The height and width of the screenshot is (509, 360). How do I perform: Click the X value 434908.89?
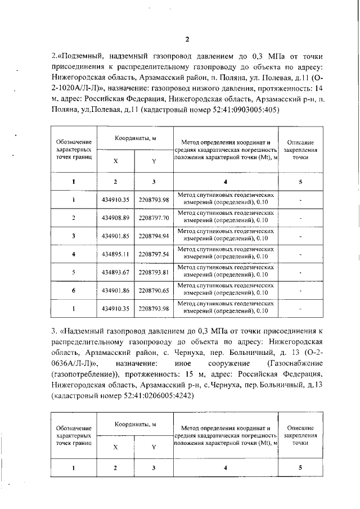click(x=116, y=218)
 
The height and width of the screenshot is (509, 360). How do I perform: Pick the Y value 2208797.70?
click(x=154, y=218)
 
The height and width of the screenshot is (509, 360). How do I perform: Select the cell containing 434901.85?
click(x=116, y=236)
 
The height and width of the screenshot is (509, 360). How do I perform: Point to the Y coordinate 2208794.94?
click(x=154, y=236)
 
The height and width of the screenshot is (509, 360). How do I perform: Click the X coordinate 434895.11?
click(x=116, y=254)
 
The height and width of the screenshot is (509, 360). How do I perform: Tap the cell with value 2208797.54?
click(x=154, y=254)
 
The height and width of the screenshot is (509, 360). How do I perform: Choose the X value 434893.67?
click(x=116, y=272)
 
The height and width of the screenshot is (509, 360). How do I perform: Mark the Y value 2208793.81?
click(x=154, y=272)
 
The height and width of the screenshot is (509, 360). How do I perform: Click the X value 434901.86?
click(x=116, y=291)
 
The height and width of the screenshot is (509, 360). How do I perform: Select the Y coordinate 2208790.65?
click(x=154, y=291)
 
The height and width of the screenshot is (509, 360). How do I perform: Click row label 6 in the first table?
click(x=74, y=291)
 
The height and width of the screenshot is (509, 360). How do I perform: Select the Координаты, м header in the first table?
click(x=135, y=138)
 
